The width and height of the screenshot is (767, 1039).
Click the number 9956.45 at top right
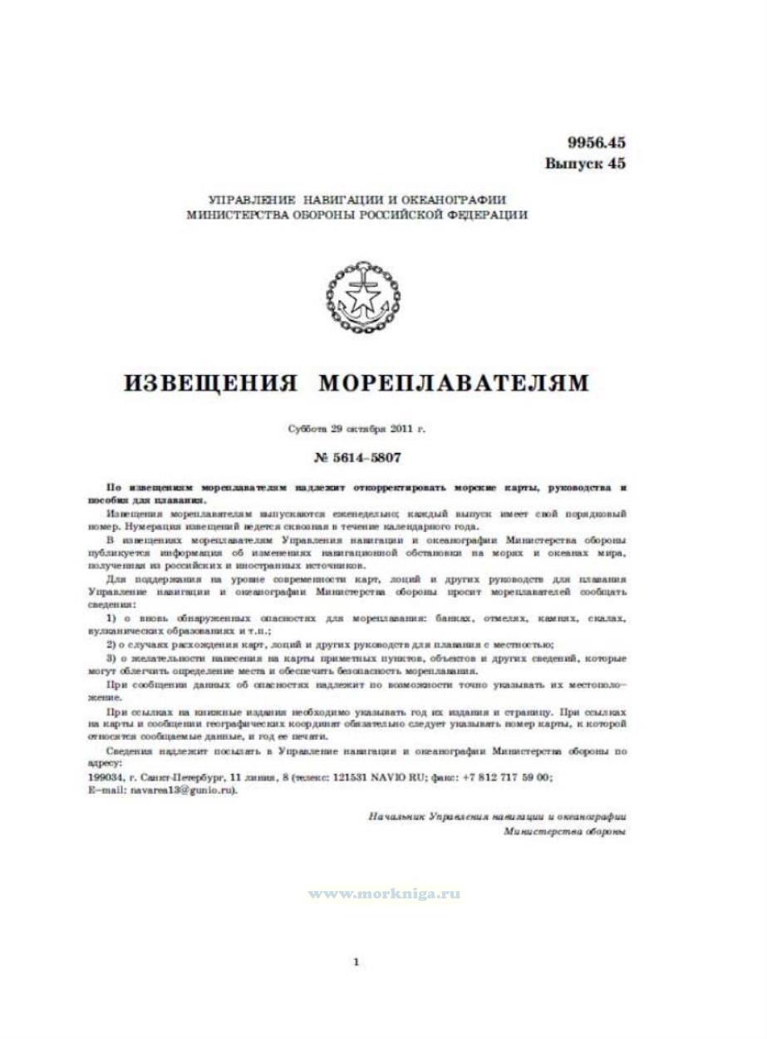(x=584, y=142)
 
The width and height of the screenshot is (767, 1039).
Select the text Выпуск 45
(x=584, y=163)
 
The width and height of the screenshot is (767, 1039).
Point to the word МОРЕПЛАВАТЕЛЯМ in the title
(x=454, y=383)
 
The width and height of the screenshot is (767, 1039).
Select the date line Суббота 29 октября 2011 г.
(x=356, y=430)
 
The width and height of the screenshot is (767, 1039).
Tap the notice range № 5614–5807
(x=356, y=456)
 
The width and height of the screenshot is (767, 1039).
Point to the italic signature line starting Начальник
(x=496, y=817)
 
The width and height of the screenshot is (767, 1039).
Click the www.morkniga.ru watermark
(x=384, y=894)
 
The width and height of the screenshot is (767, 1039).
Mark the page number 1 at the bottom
(x=356, y=963)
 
